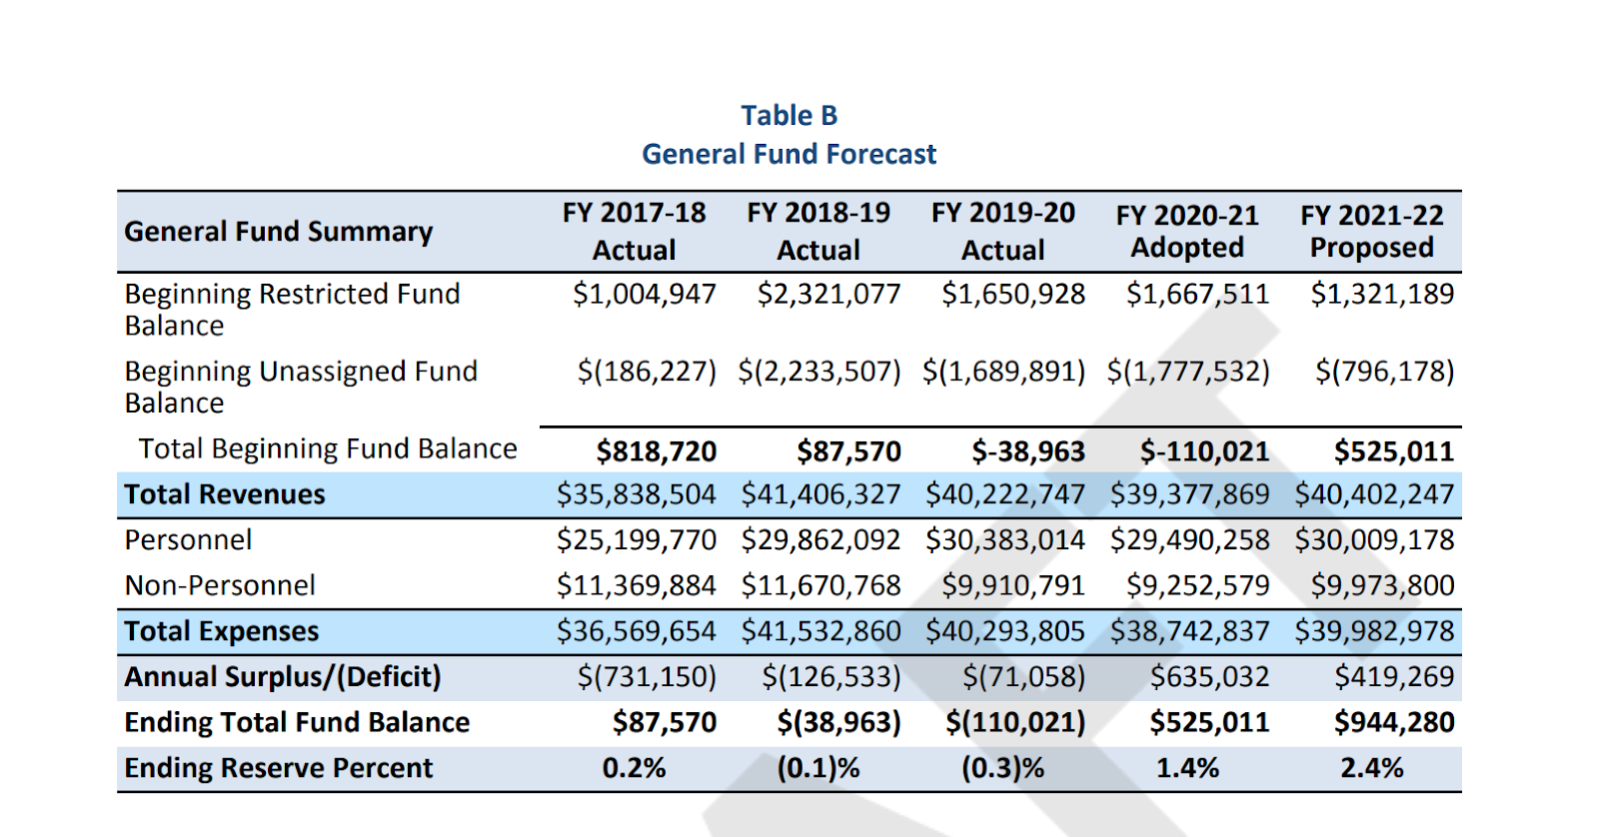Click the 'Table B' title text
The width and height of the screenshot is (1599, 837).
tap(789, 116)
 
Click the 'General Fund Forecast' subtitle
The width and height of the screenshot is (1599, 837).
tap(789, 154)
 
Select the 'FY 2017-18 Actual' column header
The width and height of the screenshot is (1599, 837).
tap(634, 231)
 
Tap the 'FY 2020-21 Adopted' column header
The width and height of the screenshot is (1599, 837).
tap(1187, 231)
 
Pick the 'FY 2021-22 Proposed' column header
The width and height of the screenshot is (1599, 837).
tap(1371, 231)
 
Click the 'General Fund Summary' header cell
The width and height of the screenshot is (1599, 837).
tap(279, 232)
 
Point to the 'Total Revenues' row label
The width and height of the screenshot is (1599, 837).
tap(225, 494)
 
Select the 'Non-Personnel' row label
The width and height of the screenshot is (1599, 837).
tap(220, 585)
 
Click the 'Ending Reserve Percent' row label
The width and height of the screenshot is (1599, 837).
tap(279, 768)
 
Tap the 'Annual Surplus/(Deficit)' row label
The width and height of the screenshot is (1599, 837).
tap(283, 677)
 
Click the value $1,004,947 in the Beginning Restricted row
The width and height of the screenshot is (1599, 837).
tap(645, 294)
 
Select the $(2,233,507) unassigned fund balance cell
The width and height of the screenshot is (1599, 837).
tap(819, 372)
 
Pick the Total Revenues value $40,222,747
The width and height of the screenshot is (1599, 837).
tap(1004, 494)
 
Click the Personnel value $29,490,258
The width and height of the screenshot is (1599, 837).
tap(1189, 540)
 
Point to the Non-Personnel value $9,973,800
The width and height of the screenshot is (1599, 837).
tap(1382, 585)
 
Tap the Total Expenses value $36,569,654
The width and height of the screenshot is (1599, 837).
tap(637, 631)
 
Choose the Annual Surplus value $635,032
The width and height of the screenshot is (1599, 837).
tap(1209, 677)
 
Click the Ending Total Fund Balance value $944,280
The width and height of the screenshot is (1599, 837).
tap(1394, 722)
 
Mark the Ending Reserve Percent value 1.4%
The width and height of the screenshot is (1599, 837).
tap(1187, 768)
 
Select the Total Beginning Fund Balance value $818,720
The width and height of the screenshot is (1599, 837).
tap(657, 451)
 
